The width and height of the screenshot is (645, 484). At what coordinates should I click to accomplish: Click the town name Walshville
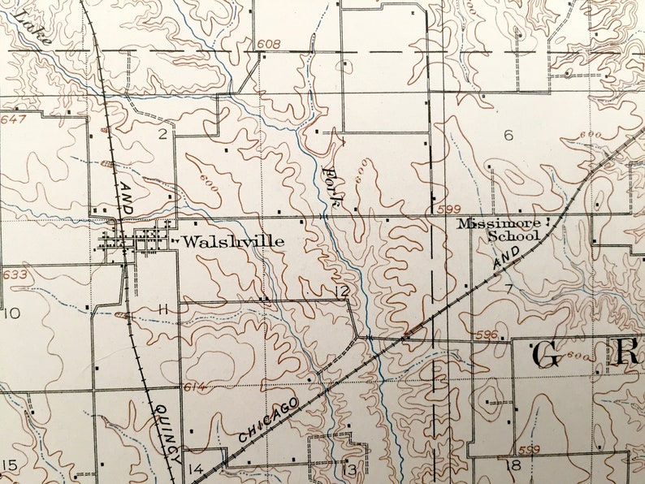[x=233, y=241]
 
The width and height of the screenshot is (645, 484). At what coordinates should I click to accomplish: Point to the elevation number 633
[x=15, y=274]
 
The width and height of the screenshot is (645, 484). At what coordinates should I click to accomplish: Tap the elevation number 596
[x=487, y=334]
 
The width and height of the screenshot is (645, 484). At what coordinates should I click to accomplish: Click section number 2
[x=162, y=134]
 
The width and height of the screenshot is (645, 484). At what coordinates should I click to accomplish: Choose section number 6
[x=509, y=135]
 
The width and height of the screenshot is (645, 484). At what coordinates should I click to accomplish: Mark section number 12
[x=342, y=292]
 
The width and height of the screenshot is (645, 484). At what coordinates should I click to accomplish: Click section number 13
[x=349, y=469]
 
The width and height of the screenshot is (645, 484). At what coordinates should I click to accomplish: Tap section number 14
[x=195, y=469]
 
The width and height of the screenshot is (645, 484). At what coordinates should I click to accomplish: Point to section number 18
[x=513, y=465]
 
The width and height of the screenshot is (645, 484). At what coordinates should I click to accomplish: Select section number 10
[x=12, y=313]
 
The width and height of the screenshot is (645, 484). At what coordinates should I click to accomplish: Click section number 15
[x=10, y=465]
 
